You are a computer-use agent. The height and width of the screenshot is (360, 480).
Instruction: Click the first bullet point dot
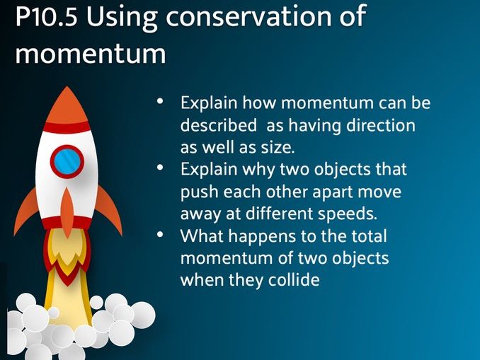[x=161, y=103]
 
